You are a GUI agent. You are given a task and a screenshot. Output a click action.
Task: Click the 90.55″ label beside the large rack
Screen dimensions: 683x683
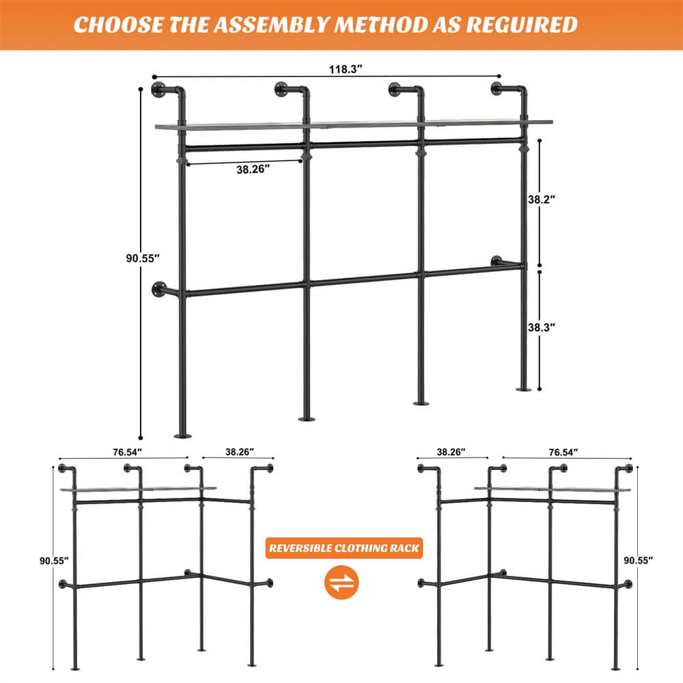coord(142,257)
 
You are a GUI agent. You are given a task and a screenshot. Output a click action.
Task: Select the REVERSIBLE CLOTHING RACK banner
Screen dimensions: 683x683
coord(344,548)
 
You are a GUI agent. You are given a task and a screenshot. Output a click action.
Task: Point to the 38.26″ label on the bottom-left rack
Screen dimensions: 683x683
coord(239,451)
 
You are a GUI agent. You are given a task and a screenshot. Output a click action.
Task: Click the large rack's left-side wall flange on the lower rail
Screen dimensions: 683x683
coord(159,290)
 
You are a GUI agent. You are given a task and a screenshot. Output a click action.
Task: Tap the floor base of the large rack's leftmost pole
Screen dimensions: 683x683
coord(182,435)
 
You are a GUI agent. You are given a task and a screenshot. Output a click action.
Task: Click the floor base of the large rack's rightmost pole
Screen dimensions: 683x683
coord(524,389)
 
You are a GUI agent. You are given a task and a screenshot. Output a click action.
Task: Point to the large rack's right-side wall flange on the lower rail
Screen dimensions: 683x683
coord(496,261)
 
